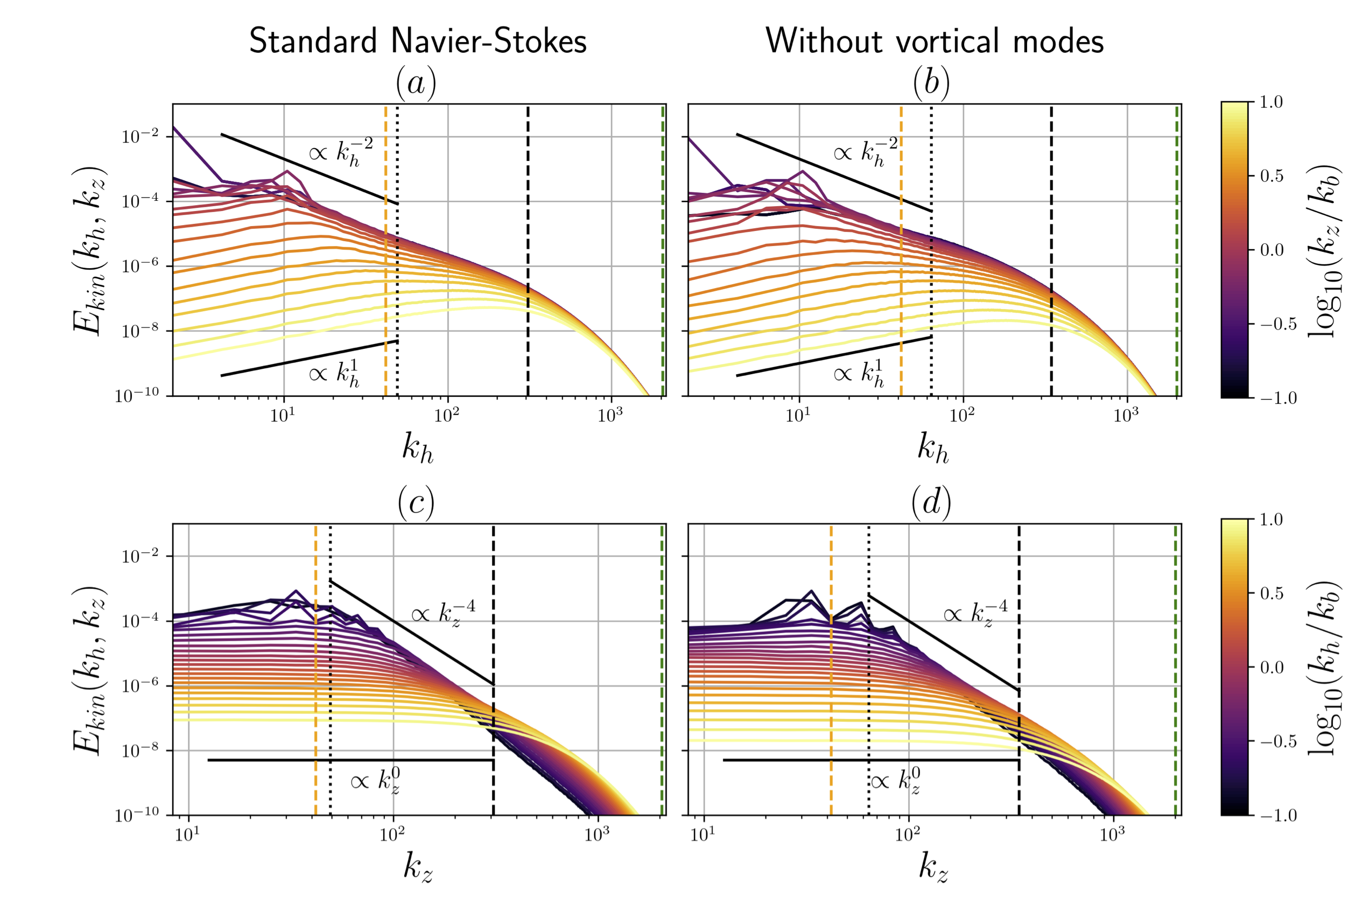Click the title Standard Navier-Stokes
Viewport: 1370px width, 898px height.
(417, 41)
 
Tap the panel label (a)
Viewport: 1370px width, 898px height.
(416, 83)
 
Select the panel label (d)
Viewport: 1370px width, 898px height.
(931, 502)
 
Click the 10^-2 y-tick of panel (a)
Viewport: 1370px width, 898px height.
(139, 137)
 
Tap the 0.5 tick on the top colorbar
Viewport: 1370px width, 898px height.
(1271, 176)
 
